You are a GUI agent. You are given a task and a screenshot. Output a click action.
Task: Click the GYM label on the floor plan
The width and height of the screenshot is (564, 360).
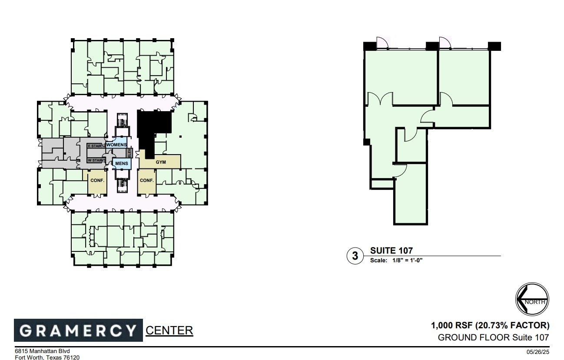pyautogui.click(x=161, y=162)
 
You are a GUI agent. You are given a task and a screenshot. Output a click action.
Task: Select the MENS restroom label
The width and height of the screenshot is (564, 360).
pyautogui.click(x=121, y=163)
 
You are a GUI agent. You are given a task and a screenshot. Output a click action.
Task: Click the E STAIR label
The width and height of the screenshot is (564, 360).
pyautogui.click(x=94, y=146)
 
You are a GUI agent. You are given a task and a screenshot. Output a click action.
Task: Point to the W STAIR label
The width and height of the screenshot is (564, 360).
pyautogui.click(x=95, y=160)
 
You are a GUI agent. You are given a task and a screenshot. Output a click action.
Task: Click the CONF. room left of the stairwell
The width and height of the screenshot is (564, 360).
pyautogui.click(x=97, y=180)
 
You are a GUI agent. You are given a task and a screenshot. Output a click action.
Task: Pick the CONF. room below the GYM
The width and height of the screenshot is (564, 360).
pyautogui.click(x=147, y=180)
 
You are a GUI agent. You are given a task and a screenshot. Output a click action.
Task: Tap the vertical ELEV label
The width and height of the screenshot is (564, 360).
pyautogui.click(x=129, y=153)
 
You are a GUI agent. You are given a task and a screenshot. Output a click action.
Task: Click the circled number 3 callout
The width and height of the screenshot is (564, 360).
pyautogui.click(x=355, y=256)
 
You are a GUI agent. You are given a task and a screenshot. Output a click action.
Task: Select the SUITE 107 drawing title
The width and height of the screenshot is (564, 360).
pyautogui.click(x=391, y=251)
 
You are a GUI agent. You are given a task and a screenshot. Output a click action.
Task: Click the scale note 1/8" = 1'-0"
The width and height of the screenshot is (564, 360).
pyautogui.click(x=396, y=261)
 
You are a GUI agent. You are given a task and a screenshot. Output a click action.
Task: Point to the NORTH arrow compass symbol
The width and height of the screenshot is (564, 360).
pyautogui.click(x=532, y=299)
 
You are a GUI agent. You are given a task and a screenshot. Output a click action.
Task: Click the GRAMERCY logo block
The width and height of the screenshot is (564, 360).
pyautogui.click(x=78, y=330)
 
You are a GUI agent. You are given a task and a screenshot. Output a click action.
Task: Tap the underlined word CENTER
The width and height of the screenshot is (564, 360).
pyautogui.click(x=169, y=330)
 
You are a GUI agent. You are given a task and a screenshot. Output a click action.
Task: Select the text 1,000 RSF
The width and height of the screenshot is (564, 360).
pyautogui.click(x=451, y=325)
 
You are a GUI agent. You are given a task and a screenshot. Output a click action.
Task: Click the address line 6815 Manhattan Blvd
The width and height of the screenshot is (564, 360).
pyautogui.click(x=42, y=351)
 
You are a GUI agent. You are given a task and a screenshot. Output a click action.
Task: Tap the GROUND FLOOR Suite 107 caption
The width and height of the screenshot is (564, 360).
pyautogui.click(x=494, y=337)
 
